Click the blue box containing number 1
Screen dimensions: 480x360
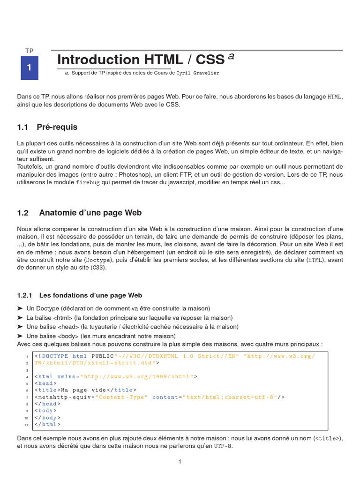click(29, 67)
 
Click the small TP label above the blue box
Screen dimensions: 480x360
click(29, 51)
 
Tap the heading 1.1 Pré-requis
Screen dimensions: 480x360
click(47, 127)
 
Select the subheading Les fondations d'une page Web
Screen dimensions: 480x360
click(90, 295)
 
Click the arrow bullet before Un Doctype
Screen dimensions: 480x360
click(20, 308)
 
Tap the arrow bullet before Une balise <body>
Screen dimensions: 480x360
click(20, 336)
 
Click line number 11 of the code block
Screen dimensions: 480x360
click(27, 425)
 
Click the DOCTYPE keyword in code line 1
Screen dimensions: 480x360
click(55, 356)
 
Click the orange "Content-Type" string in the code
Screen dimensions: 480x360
click(121, 397)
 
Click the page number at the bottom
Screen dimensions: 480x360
click(180, 462)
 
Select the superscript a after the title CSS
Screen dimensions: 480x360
click(231, 56)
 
